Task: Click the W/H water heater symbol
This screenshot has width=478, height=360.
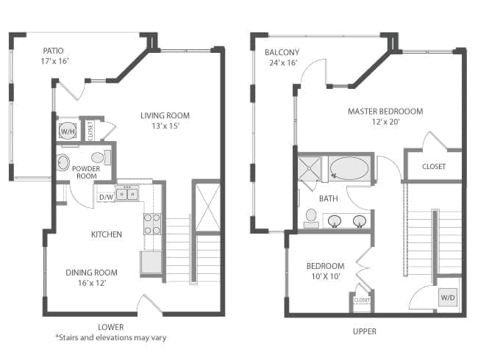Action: [68, 131]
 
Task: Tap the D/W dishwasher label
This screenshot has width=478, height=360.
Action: [107, 197]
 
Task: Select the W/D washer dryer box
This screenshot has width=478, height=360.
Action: [448, 298]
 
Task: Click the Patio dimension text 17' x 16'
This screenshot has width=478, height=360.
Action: [55, 61]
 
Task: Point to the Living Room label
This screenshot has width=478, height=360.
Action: [165, 115]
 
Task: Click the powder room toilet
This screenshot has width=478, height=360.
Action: [101, 158]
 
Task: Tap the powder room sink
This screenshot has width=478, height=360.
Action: [63, 162]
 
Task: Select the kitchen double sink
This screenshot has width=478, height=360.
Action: [126, 194]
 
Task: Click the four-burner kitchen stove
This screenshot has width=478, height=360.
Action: [152, 224]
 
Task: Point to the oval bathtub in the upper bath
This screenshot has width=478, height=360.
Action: [349, 168]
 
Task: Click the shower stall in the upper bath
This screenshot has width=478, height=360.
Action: [310, 168]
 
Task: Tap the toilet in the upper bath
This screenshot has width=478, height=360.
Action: [311, 218]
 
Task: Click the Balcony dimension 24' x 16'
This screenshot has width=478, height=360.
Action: [283, 62]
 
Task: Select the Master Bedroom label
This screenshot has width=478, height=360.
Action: [385, 111]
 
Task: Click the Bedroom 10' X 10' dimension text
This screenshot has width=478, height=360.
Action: [326, 276]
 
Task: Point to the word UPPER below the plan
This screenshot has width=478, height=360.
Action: [364, 331]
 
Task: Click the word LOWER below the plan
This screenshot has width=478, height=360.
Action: [110, 327]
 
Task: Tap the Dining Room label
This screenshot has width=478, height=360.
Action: [91, 273]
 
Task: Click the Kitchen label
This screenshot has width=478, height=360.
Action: [107, 234]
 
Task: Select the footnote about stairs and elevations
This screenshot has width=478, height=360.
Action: [110, 337]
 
